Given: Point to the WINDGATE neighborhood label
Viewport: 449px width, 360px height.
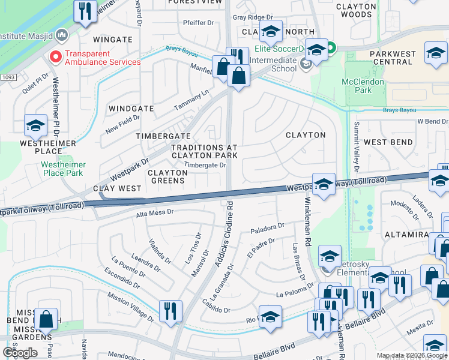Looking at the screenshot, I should click(131, 109).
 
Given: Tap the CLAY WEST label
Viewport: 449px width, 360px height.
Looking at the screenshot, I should click(118, 188).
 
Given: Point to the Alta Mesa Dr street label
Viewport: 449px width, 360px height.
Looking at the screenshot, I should click(154, 212).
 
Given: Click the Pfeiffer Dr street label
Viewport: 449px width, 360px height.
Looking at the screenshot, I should click(198, 23).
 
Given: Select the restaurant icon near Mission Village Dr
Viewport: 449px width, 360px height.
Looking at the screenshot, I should click(170, 311).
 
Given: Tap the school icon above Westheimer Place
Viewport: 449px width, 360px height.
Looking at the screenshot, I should click(36, 125).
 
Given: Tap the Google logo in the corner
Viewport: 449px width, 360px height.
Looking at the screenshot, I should click(20, 352).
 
